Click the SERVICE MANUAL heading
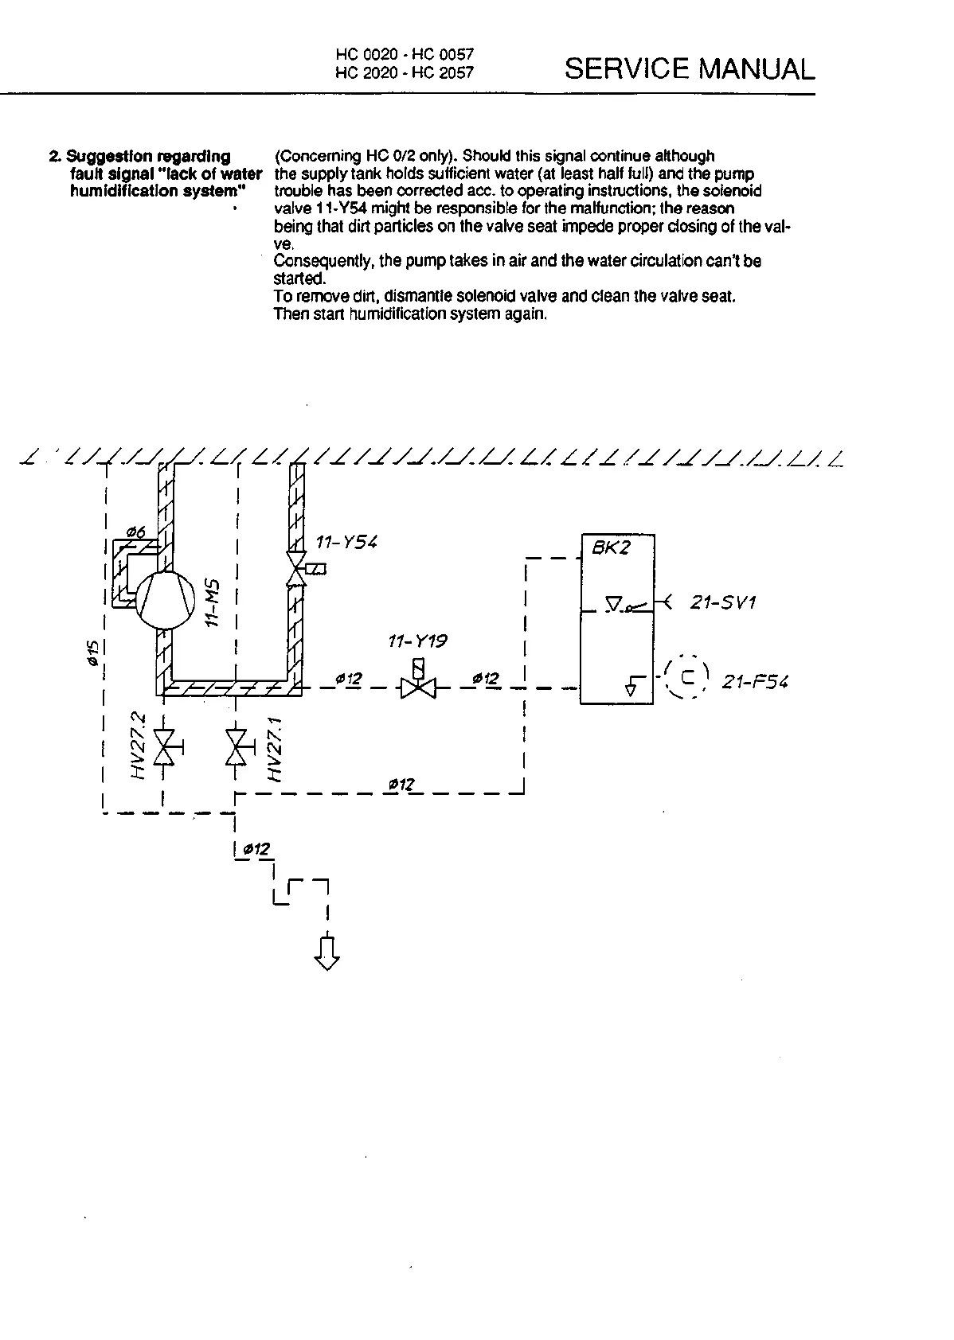[x=690, y=69]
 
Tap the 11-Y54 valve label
[x=346, y=543]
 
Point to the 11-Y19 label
[x=418, y=641]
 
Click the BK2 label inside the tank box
[x=611, y=549]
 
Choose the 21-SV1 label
[x=723, y=602]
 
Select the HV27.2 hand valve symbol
[x=164, y=746]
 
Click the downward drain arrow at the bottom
[x=327, y=952]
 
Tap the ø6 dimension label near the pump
[x=136, y=532]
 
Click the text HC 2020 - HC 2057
[x=405, y=72]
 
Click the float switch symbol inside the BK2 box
[x=626, y=606]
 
